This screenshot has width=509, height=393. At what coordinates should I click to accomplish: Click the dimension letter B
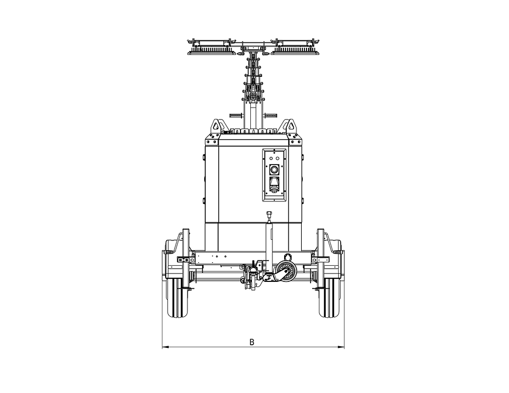251,342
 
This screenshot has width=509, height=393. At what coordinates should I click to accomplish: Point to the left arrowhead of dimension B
165,347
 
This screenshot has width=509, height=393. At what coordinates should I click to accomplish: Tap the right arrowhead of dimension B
341,347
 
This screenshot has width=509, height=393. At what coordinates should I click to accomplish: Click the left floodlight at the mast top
212,48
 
